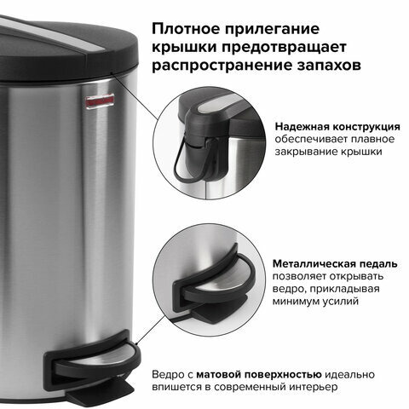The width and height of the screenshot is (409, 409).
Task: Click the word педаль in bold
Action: (378, 264)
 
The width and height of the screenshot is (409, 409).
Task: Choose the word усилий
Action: (341, 302)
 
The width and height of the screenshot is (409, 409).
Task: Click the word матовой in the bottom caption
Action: (218, 375)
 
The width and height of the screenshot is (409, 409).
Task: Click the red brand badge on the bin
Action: (100, 101)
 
